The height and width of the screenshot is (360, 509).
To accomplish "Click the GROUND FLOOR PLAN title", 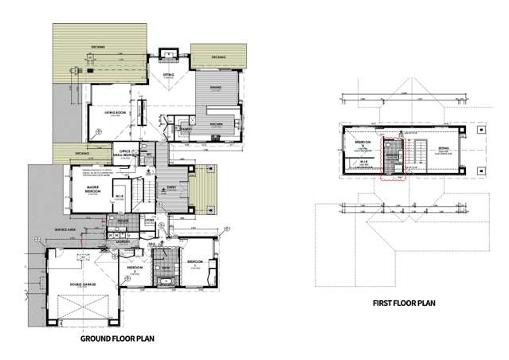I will pyautogui.click(x=118, y=338).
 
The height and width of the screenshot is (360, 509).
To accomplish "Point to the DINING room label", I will pyautogui.click(x=216, y=88).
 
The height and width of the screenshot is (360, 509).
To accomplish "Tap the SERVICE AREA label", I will pyautogui.click(x=65, y=230).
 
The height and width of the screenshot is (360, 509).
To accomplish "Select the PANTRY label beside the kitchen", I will pyautogui.click(x=185, y=128).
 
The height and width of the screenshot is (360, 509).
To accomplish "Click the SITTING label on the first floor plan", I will pyautogui.click(x=444, y=148).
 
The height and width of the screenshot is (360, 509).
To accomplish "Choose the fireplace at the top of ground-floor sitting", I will pyautogui.click(x=170, y=55).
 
